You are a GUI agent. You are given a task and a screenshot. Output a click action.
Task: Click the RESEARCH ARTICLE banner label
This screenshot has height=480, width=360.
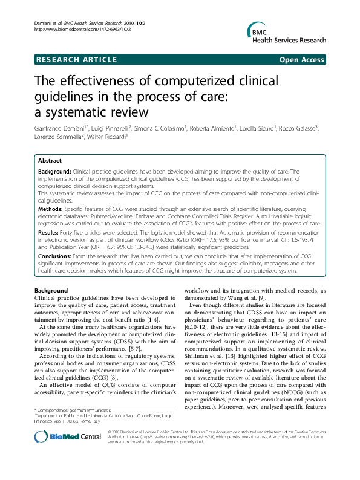click(x=76, y=60)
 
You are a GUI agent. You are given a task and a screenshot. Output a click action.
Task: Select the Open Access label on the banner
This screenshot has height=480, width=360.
click(x=303, y=60)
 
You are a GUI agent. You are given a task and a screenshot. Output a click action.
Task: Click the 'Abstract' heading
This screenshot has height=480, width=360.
click(x=50, y=161)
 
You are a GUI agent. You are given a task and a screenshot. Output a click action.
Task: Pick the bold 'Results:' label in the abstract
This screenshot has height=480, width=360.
click(x=48, y=232)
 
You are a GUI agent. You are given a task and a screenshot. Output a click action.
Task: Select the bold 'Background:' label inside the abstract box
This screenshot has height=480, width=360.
click(x=54, y=172)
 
